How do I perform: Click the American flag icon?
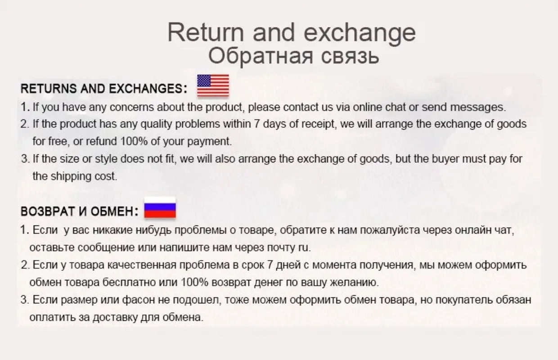213,85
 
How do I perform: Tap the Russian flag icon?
160,208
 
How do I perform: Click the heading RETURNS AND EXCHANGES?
104,89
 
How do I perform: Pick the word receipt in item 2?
318,124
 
